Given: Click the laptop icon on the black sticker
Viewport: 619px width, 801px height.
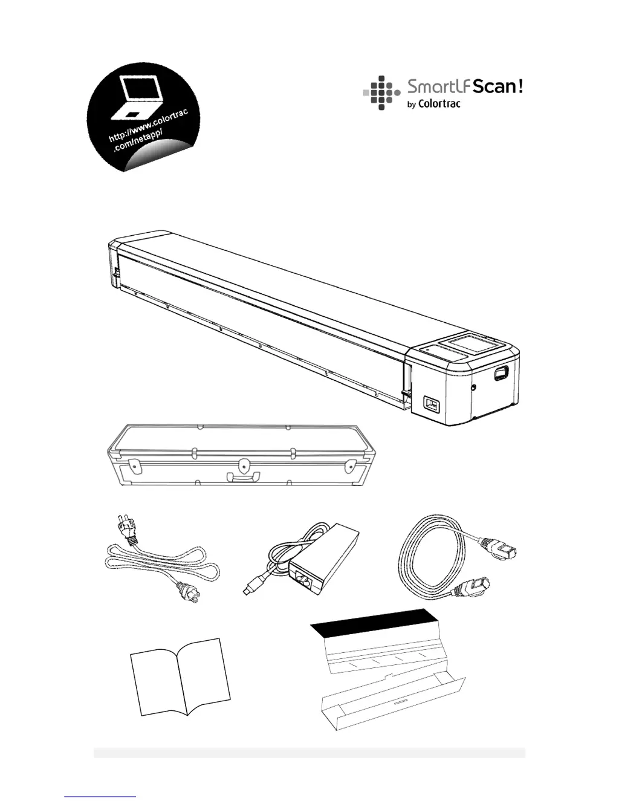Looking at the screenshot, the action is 140,97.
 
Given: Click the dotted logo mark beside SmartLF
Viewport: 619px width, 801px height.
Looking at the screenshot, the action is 381,93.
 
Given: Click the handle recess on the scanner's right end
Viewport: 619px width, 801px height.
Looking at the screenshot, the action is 499,374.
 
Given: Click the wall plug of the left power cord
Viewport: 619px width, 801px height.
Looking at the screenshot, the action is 125,528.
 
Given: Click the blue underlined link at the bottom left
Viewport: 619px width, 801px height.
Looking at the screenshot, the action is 100,796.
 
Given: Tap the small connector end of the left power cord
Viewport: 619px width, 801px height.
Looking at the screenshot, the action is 181,587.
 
